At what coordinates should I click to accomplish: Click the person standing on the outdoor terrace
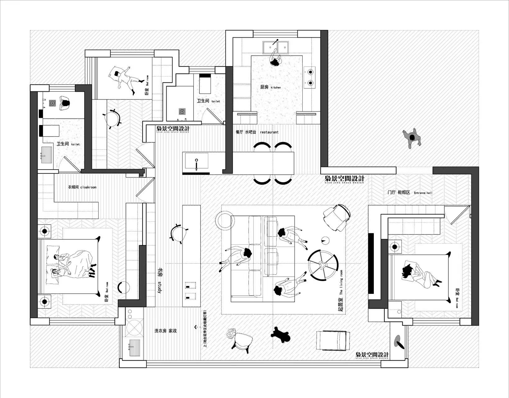[412, 137]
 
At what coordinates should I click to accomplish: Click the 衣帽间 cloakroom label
[82, 187]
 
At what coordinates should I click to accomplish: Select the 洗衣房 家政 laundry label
[166, 331]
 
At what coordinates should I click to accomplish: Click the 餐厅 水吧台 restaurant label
[257, 132]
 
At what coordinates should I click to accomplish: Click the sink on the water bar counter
[197, 161]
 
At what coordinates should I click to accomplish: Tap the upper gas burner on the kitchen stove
[310, 72]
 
